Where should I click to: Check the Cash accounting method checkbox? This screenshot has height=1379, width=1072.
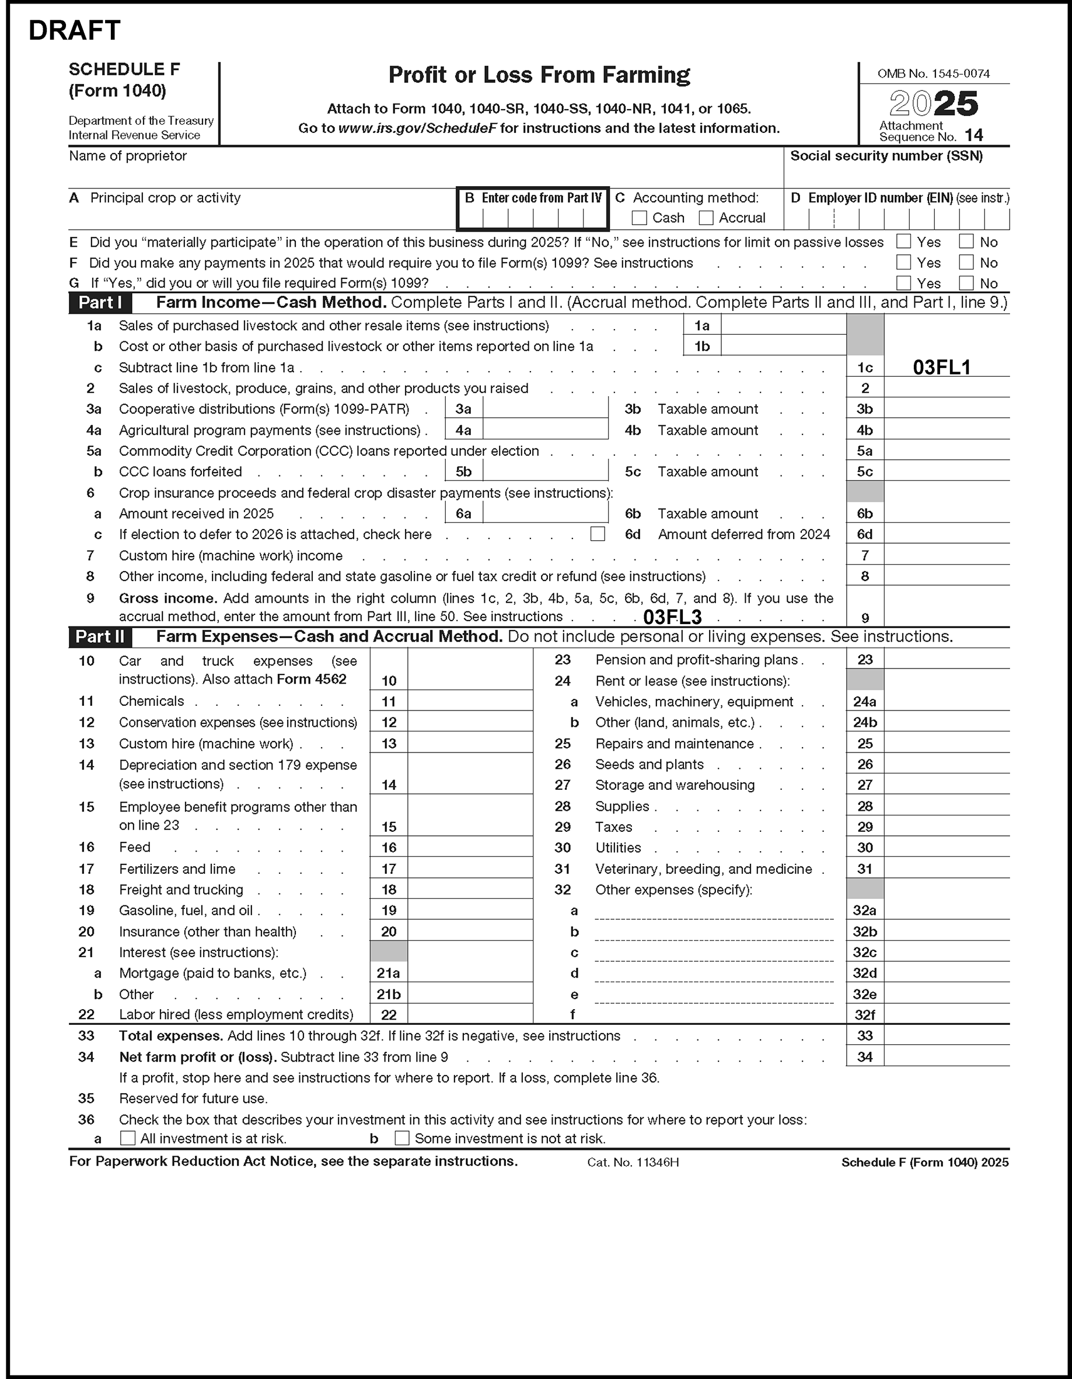coord(639,218)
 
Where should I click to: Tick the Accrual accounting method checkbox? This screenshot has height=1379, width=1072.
coord(706,218)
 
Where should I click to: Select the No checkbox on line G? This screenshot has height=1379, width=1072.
coord(966,283)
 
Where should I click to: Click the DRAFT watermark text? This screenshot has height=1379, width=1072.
coord(75,30)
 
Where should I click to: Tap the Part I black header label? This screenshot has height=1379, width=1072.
coord(100,303)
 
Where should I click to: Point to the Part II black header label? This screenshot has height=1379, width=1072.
coord(100,636)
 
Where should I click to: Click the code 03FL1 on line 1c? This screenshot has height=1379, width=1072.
coord(941,367)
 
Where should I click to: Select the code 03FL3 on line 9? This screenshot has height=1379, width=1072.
coord(672,617)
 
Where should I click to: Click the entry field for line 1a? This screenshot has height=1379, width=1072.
coord(783,326)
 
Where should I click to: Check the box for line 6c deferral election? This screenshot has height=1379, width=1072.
coord(597,534)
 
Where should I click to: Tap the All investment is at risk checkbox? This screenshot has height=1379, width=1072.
coord(128,1139)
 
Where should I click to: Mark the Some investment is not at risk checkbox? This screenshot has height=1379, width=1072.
coord(401,1139)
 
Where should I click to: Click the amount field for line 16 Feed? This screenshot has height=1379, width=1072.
coord(470,848)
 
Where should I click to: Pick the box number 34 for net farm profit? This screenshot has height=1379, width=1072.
coord(865,1057)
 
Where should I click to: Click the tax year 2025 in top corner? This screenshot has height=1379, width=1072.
coord(934,104)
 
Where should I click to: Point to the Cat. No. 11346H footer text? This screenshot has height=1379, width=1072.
coord(633,1163)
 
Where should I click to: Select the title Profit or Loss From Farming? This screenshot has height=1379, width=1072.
coord(539,75)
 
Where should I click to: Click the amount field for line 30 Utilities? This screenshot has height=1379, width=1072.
coord(947,848)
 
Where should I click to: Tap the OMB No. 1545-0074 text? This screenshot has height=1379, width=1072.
coord(934,74)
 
